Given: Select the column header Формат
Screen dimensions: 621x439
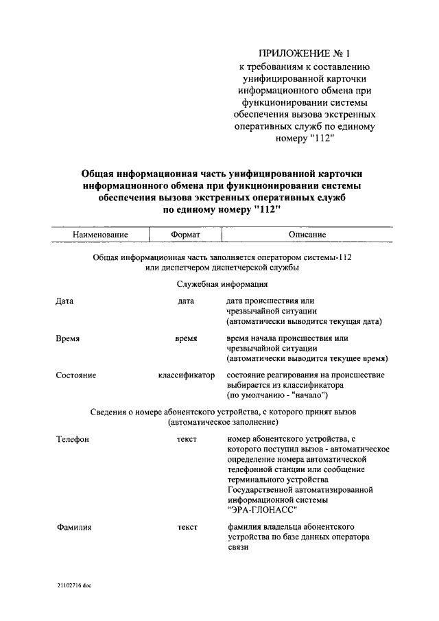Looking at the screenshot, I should [x=185, y=234].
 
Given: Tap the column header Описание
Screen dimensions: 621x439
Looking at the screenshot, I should [x=307, y=234].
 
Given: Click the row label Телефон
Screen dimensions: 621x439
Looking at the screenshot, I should [x=72, y=438].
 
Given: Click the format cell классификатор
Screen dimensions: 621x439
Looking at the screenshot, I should [x=186, y=375].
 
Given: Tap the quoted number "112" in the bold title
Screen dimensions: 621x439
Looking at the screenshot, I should [x=268, y=211].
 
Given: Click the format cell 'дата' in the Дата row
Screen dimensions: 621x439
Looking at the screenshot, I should [x=186, y=301].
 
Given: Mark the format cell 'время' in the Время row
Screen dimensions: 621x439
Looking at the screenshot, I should [x=186, y=338].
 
